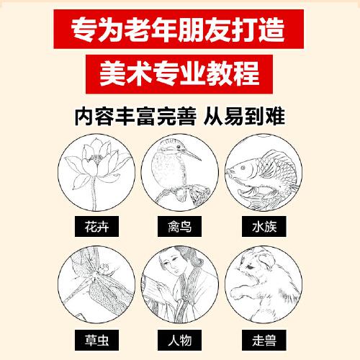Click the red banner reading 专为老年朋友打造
click(180, 31)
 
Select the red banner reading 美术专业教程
click(180, 74)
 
